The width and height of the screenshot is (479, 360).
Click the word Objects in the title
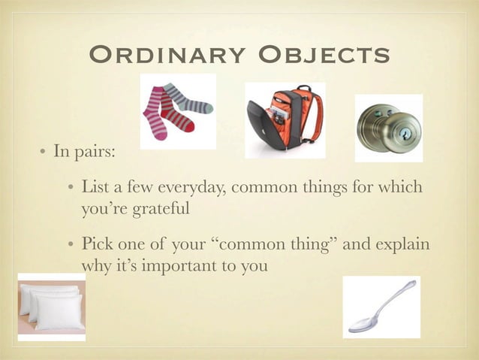click(x=323, y=55)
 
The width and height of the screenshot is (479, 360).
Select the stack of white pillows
click(x=51, y=304)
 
